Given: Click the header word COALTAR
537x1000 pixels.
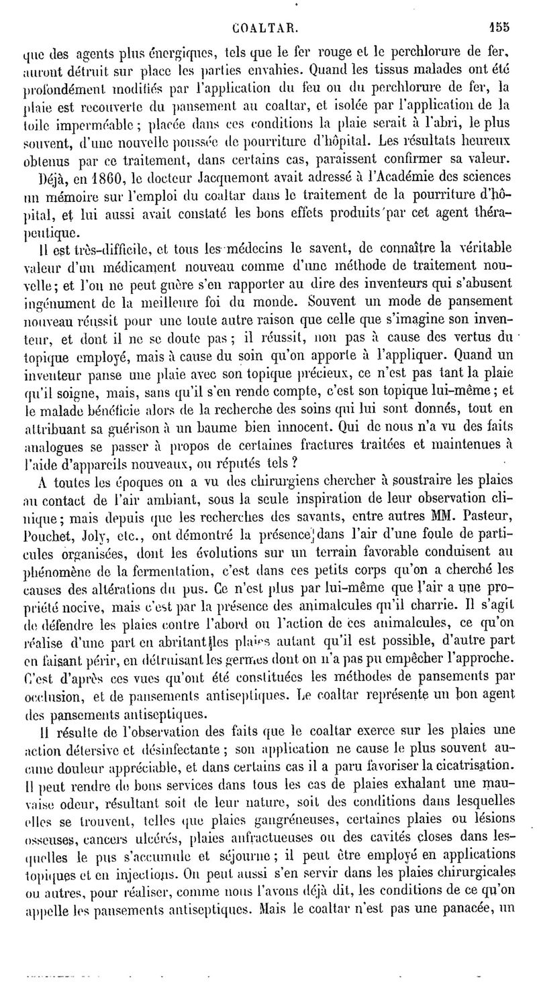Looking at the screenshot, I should pos(264,30).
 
